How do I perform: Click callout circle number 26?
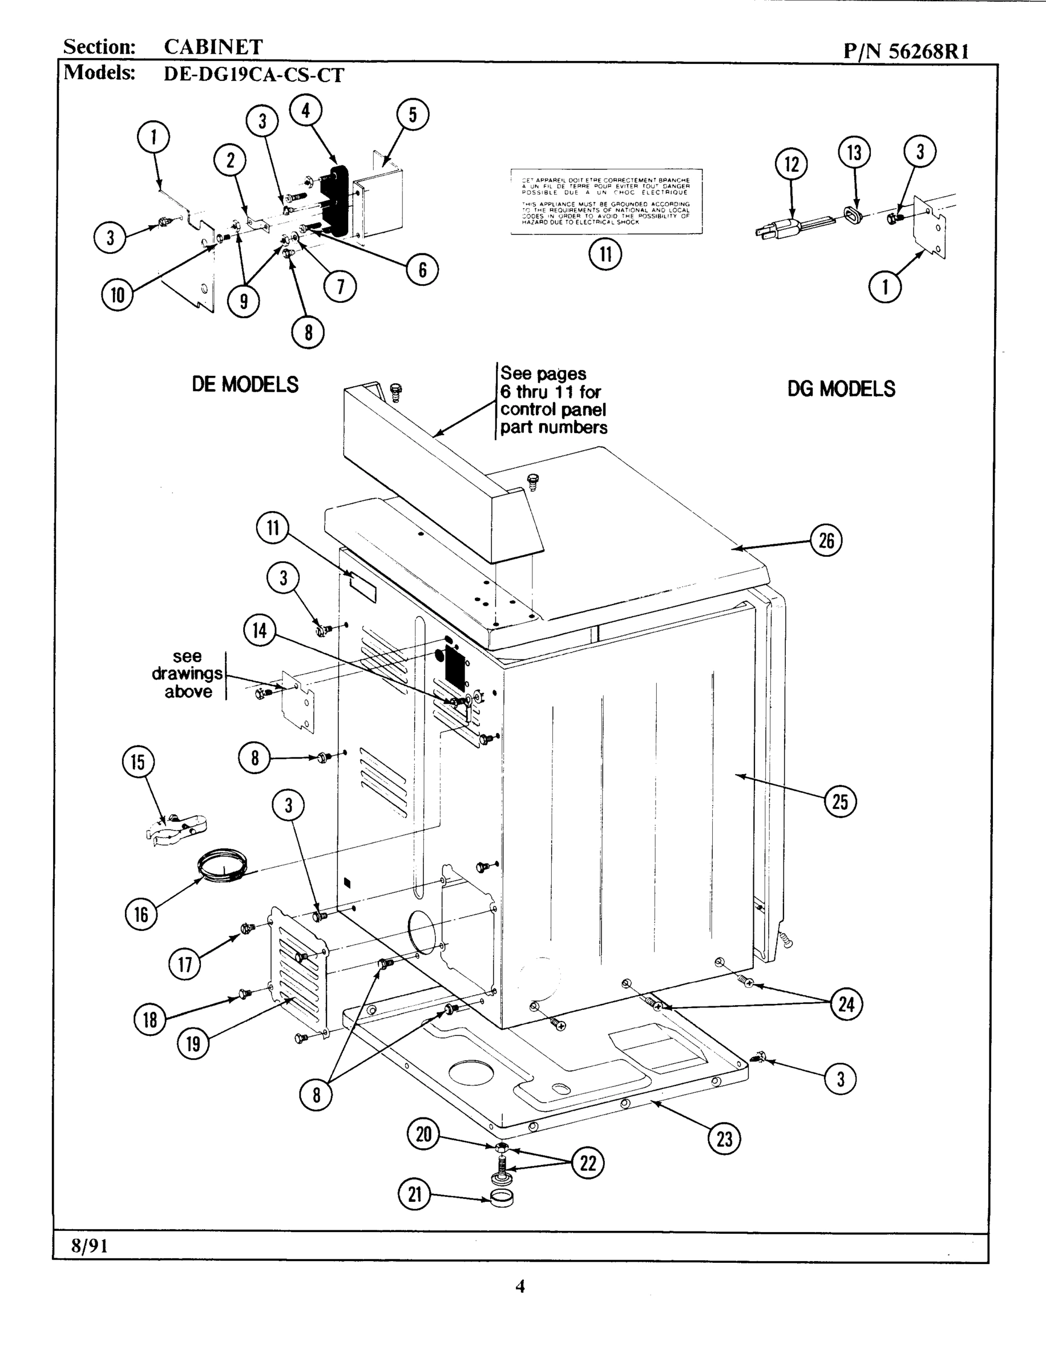826,540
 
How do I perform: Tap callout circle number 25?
840,801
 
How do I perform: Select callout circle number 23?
724,1139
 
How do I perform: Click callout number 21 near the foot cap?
415,1194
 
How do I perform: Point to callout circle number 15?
138,762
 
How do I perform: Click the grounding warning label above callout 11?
606,201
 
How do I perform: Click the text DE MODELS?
245,384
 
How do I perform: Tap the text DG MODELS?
841,389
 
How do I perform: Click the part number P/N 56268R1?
906,50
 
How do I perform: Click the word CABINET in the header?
213,47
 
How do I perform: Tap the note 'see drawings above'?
187,674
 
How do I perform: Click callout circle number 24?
846,1004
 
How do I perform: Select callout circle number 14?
259,630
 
